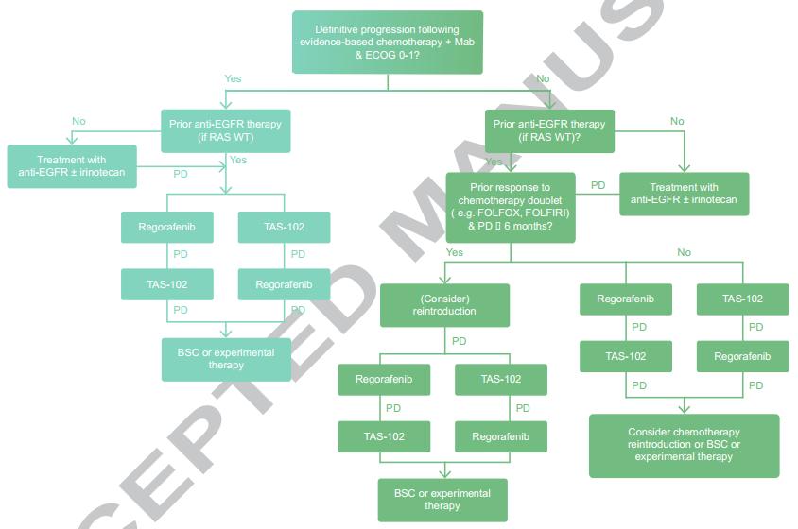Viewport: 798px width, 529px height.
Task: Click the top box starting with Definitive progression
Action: (x=388, y=42)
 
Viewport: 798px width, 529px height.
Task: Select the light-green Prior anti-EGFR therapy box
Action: (x=225, y=130)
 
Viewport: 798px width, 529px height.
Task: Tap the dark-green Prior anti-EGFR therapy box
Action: (x=549, y=130)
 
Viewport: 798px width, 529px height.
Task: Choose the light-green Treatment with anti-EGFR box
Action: (x=71, y=165)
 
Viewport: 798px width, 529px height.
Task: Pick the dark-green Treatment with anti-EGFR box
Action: (x=684, y=194)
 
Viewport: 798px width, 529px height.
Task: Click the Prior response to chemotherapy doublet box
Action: (x=511, y=207)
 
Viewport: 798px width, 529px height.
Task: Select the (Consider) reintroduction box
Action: (x=444, y=305)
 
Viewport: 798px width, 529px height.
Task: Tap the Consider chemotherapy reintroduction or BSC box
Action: (x=684, y=445)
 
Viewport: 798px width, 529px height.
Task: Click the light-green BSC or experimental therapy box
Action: (x=226, y=359)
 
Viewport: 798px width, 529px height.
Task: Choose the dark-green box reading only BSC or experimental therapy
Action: (x=442, y=500)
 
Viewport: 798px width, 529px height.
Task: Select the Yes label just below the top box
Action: (x=233, y=78)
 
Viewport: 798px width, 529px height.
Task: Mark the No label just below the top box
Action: (x=543, y=78)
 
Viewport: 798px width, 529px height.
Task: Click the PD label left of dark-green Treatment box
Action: (x=598, y=185)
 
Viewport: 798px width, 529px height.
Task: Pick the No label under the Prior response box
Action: (x=684, y=253)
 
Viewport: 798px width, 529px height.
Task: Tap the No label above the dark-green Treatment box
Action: (x=677, y=122)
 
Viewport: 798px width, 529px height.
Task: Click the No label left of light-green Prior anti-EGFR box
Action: (x=78, y=122)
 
